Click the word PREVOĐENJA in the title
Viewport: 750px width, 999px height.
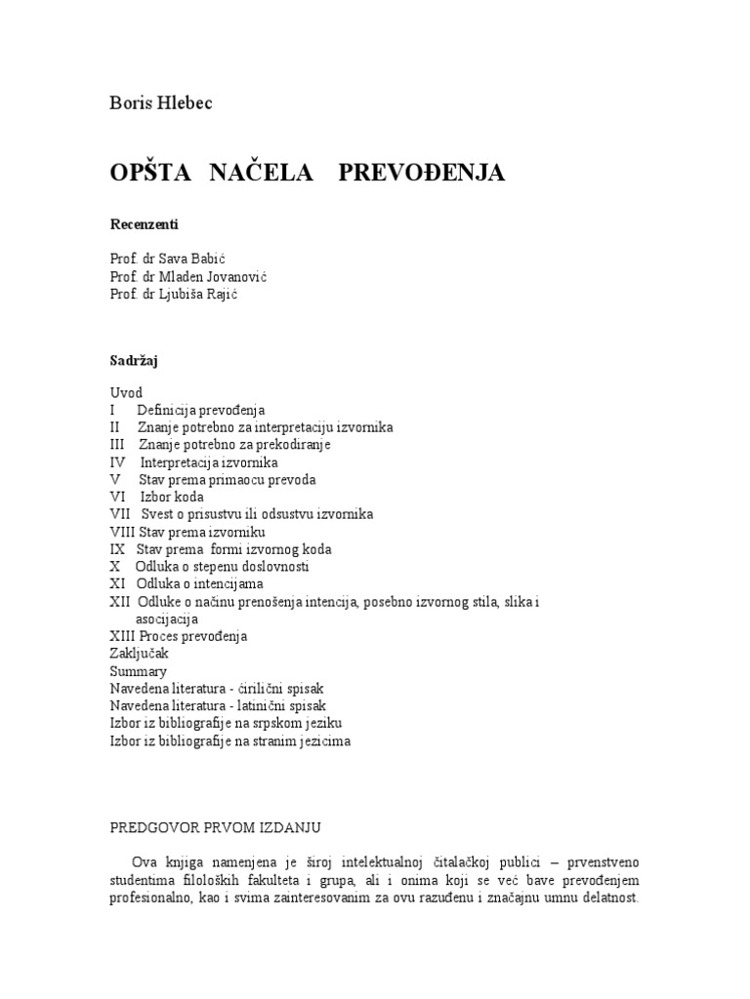coord(422,174)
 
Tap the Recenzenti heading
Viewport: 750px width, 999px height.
coord(145,224)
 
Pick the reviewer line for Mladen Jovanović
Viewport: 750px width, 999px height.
coord(188,277)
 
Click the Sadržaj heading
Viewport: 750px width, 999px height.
coord(135,360)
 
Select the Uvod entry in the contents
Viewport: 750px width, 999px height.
coord(126,392)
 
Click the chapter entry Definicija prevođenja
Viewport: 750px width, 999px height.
coord(201,410)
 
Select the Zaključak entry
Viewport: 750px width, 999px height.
coord(139,654)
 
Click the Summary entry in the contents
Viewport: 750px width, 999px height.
coord(138,671)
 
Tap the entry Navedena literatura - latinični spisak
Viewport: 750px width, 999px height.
coord(218,705)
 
